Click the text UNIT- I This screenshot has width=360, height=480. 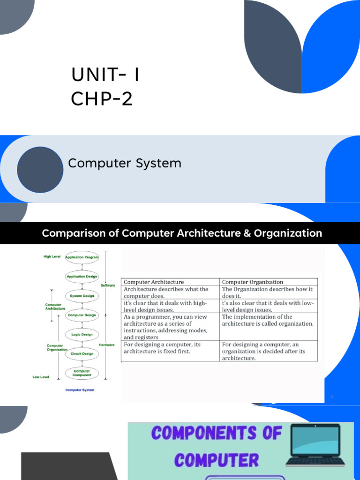tap(105, 75)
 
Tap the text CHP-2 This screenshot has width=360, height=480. tap(102, 99)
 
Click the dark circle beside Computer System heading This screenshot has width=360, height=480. tap(40, 169)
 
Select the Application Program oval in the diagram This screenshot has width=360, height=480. tap(82, 257)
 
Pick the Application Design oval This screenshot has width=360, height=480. tap(82, 277)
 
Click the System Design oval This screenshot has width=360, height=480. tap(82, 296)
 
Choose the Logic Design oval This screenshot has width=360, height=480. tap(82, 335)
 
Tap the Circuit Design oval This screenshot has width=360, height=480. tap(82, 353)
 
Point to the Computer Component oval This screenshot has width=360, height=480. tap(82, 373)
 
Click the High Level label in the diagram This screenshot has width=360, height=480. tap(52, 257)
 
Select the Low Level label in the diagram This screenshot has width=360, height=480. tap(41, 377)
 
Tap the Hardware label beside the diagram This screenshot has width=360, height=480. tap(107, 345)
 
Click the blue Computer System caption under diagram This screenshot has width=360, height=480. tap(80, 390)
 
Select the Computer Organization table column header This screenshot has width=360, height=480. tap(253, 282)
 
